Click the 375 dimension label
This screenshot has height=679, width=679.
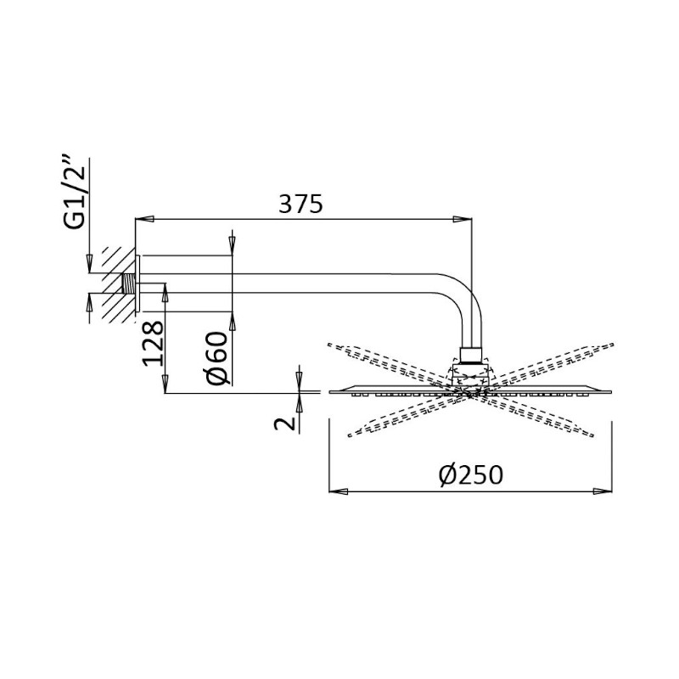point(300,204)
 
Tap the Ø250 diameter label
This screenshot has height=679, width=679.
point(470,474)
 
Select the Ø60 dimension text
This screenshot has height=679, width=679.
point(217,357)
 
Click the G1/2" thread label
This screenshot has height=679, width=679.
point(74,193)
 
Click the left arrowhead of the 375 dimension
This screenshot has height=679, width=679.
point(144,219)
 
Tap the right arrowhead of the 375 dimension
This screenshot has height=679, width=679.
point(462,219)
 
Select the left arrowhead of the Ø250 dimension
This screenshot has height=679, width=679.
point(338,491)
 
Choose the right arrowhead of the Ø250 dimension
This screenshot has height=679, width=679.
point(603,491)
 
